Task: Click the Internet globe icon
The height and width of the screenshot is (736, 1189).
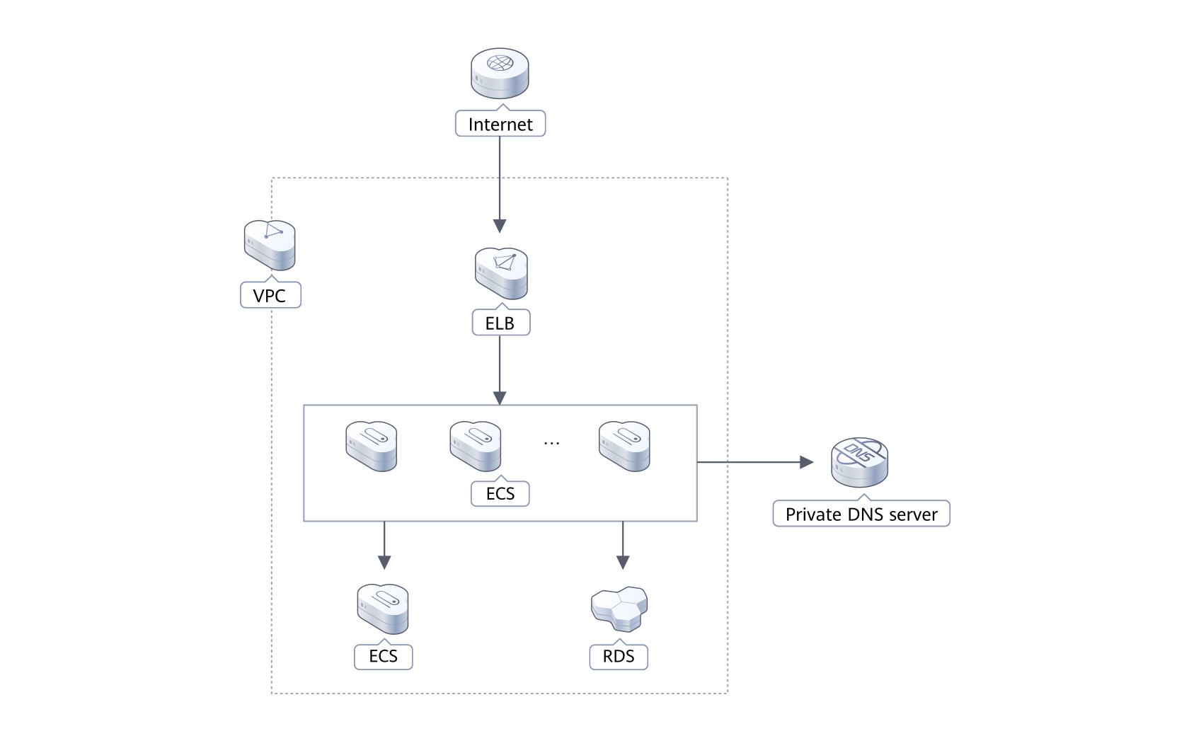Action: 500,74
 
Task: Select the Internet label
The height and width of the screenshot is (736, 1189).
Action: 500,125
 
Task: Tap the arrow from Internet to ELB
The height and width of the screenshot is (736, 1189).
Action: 500,184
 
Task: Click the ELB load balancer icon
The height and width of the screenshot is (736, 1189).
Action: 501,272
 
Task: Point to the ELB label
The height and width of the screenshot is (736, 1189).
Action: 500,324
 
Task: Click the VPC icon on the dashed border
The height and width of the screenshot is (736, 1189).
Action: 269,246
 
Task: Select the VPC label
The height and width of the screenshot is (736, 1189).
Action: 270,295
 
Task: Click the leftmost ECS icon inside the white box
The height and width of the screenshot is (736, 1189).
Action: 371,447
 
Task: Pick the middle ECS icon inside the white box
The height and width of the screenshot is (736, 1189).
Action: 475,447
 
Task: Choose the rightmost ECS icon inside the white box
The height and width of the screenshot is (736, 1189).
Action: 624,447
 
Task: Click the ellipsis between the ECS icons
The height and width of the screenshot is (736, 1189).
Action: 551,443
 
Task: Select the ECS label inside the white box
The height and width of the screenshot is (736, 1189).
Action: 500,493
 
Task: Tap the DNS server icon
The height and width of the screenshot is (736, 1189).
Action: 859,462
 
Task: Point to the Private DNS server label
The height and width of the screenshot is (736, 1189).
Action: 861,514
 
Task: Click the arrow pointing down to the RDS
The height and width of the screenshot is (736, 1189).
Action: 623,546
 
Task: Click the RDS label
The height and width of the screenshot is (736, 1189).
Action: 619,656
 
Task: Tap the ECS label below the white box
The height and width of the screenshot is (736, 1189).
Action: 383,656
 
